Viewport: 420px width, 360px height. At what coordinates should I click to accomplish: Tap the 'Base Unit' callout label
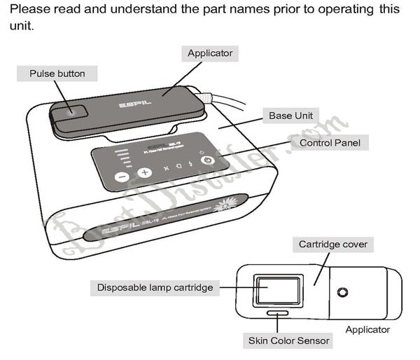[290, 115]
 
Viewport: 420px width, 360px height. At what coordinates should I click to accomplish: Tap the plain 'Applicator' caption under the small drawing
[368, 329]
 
